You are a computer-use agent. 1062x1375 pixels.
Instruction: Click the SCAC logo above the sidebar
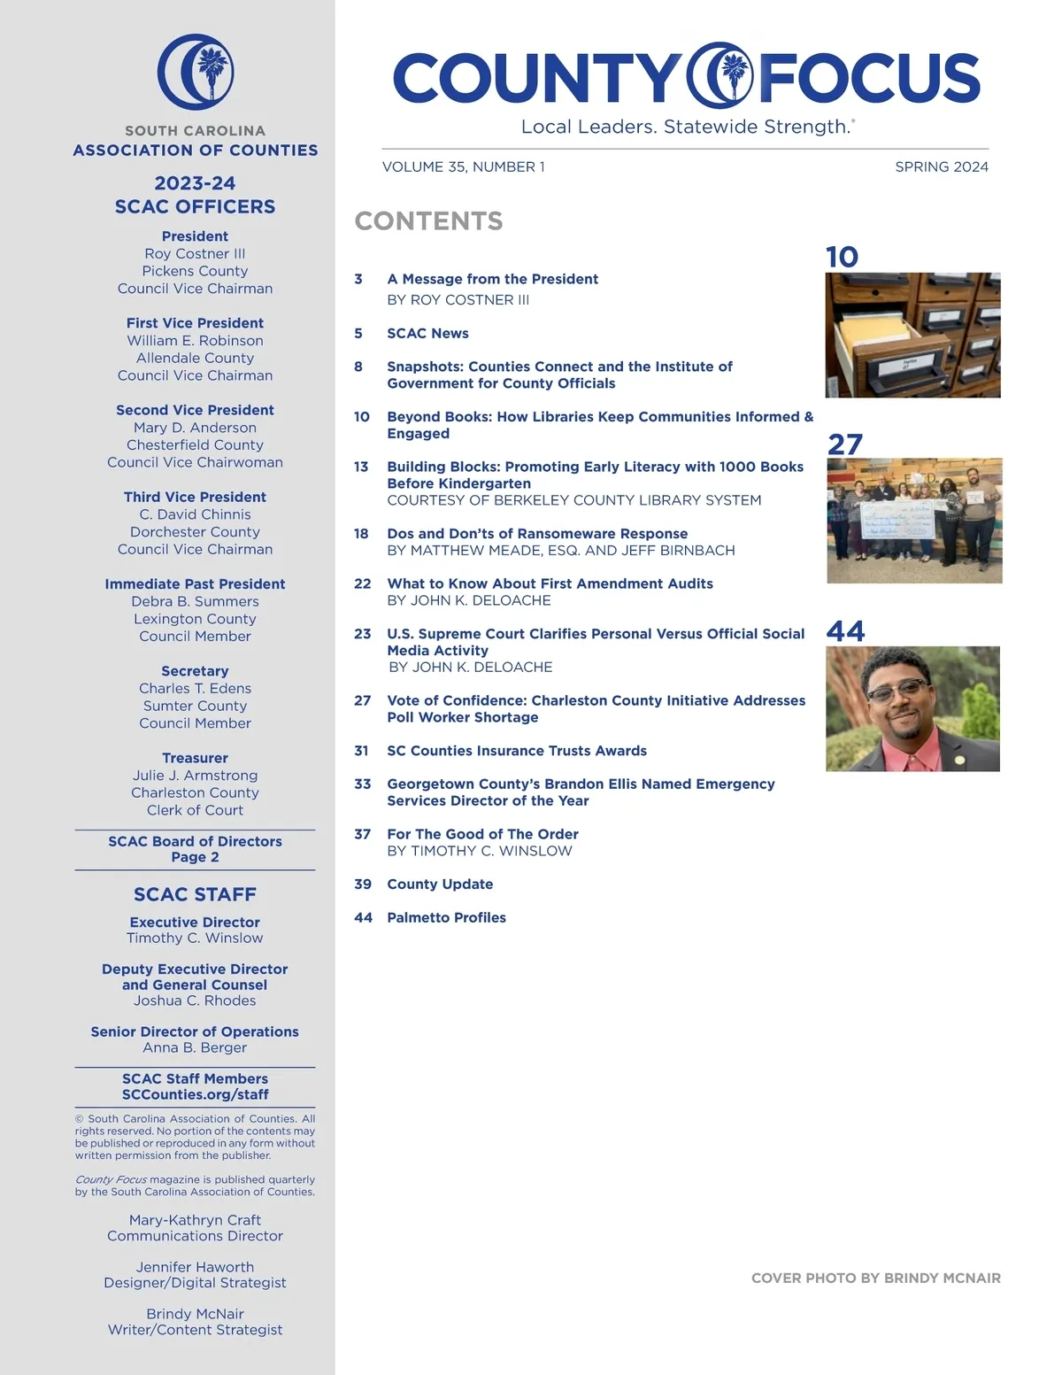point(196,72)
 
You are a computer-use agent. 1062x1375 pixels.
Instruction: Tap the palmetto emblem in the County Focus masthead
point(722,76)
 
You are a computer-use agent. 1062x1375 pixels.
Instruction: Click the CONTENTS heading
point(428,220)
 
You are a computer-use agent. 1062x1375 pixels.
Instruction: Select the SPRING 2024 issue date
point(941,166)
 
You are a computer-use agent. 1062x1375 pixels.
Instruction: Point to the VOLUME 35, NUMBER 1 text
point(463,166)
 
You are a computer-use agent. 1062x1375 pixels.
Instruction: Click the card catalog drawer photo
point(912,335)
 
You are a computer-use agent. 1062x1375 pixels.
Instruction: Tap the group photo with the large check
point(914,521)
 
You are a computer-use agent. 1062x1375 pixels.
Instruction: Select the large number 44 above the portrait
point(845,630)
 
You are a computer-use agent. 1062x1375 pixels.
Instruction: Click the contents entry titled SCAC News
point(427,333)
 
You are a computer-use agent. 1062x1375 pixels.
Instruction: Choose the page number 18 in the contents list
point(361,533)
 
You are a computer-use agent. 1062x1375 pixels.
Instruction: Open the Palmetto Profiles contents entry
point(446,917)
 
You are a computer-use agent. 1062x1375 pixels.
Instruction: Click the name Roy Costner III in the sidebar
point(195,253)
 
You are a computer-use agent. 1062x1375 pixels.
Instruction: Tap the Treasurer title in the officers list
point(195,758)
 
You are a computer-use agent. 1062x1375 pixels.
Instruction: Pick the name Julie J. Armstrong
point(195,776)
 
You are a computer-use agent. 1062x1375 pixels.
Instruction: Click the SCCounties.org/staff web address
point(195,1094)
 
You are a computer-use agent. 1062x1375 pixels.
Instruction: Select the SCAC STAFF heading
point(195,894)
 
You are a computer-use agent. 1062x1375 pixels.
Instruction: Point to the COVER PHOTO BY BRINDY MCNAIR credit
point(875,1278)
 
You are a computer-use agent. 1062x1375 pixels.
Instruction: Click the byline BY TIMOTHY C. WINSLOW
point(479,851)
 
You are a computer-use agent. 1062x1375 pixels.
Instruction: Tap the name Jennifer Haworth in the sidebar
point(195,1267)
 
